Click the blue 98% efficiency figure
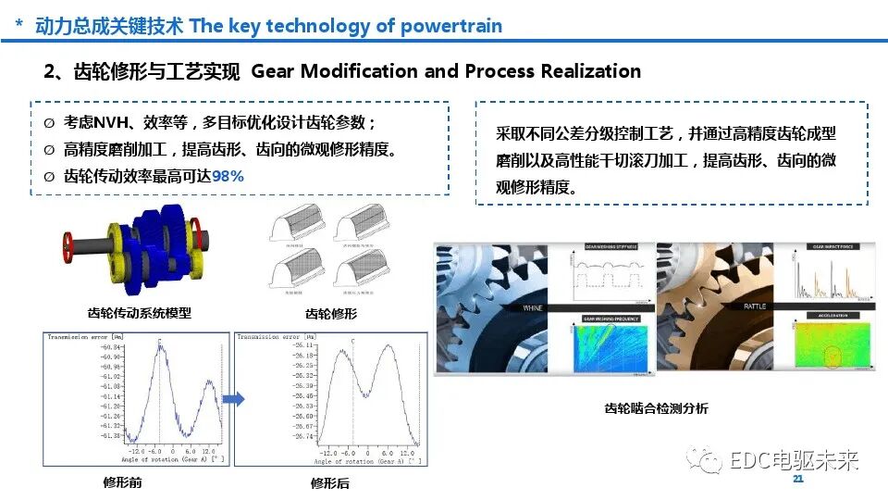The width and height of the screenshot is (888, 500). tap(228, 176)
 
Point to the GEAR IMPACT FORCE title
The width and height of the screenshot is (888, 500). tap(831, 247)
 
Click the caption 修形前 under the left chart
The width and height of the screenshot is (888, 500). tap(123, 482)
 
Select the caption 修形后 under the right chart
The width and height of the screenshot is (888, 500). tap(330, 483)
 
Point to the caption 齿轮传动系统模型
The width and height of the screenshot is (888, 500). tap(139, 313)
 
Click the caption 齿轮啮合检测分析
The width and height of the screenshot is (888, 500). tap(656, 407)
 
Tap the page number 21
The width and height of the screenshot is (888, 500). tap(798, 480)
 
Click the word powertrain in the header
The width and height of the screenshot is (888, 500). tap(450, 26)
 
